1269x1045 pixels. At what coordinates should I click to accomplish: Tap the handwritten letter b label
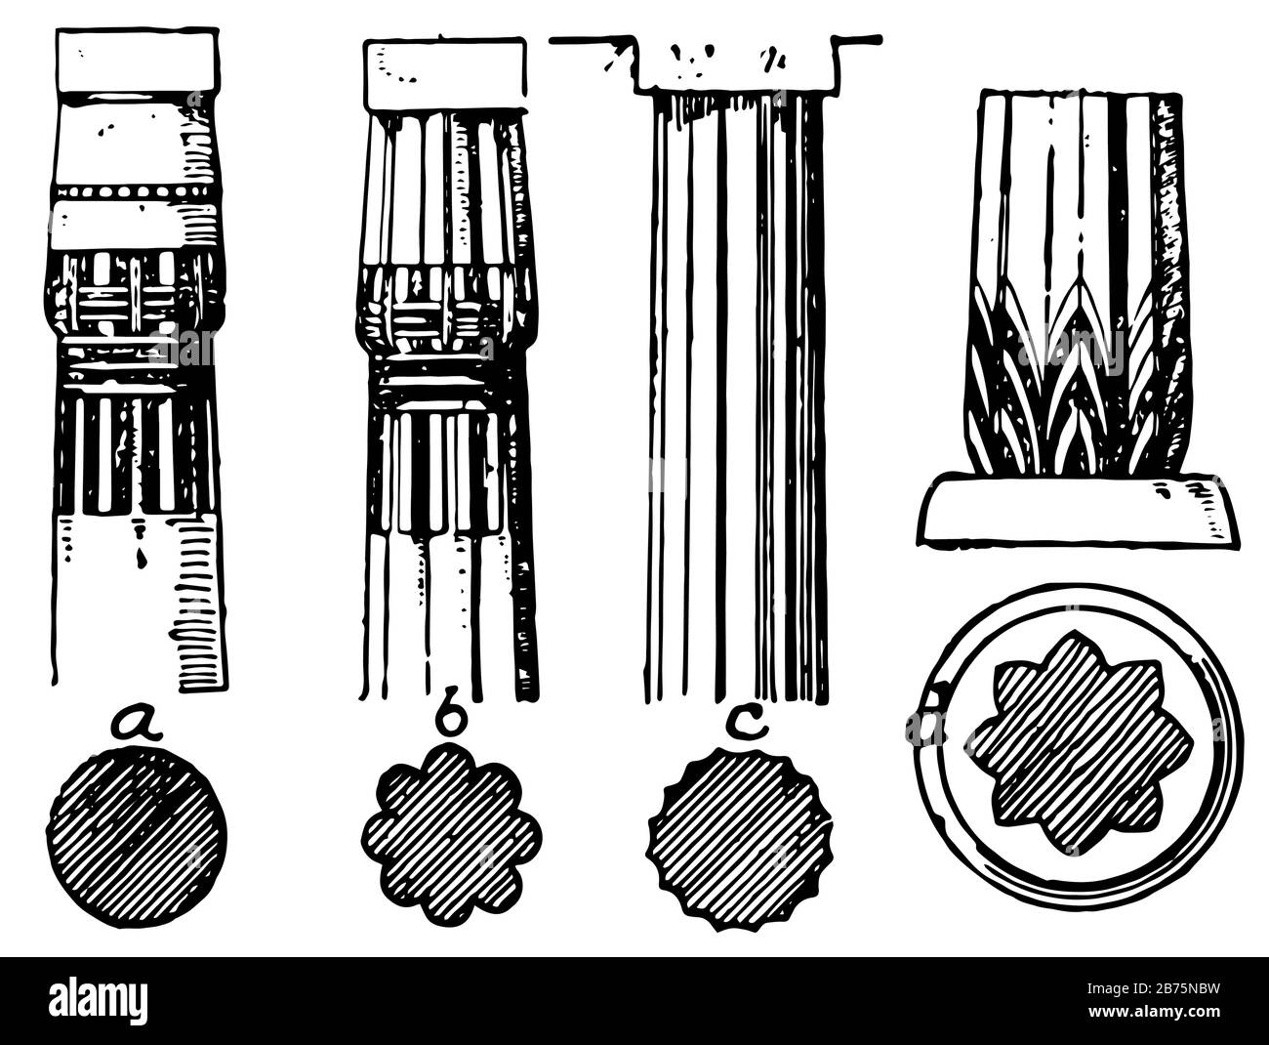click(x=450, y=721)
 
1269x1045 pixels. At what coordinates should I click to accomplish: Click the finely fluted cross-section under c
click(x=740, y=838)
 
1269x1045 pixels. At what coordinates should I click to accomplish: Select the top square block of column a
click(x=137, y=61)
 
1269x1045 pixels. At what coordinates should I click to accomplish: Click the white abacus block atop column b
click(x=445, y=74)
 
